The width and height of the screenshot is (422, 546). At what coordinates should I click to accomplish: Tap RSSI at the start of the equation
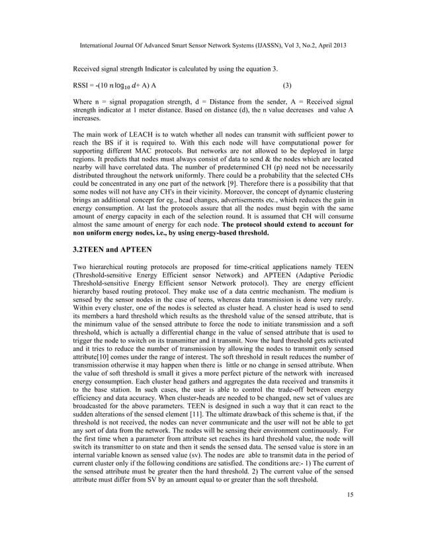click(82, 86)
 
